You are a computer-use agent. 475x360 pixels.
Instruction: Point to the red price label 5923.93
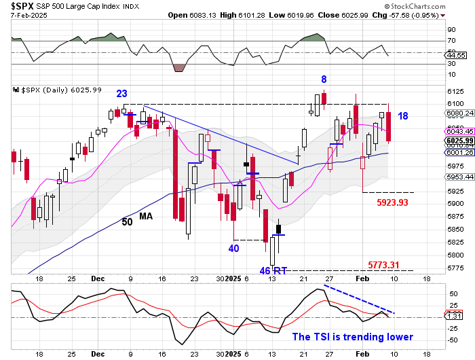pyautogui.click(x=387, y=202)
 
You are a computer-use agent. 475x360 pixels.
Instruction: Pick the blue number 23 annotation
pyautogui.click(x=122, y=94)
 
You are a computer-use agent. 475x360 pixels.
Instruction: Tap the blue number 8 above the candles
pyautogui.click(x=324, y=79)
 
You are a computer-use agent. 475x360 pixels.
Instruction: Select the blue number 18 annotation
pyautogui.click(x=402, y=116)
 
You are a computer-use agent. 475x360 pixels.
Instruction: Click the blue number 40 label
pyautogui.click(x=233, y=249)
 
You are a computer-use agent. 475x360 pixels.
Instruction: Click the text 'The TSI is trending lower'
pyautogui.click(x=352, y=336)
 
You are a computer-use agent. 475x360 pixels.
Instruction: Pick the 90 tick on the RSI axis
pyautogui.click(x=451, y=29)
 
